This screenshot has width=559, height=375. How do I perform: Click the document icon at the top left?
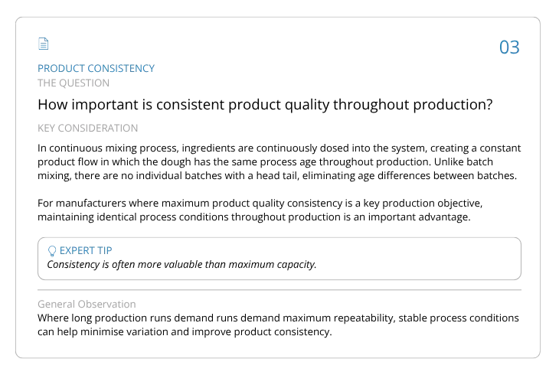coord(43,44)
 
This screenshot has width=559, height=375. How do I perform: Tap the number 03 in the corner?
coord(509,47)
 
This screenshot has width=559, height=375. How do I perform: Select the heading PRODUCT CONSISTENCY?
coord(96,68)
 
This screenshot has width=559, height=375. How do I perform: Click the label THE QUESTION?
coord(74,83)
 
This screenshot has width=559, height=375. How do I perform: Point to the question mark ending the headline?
coord(489,104)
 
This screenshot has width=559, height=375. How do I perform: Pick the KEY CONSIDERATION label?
coord(88,128)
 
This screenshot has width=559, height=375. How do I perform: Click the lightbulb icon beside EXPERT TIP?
coord(52,251)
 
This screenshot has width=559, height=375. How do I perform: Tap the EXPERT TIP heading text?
coord(86,250)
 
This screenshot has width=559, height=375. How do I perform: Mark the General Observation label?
coord(87,304)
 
